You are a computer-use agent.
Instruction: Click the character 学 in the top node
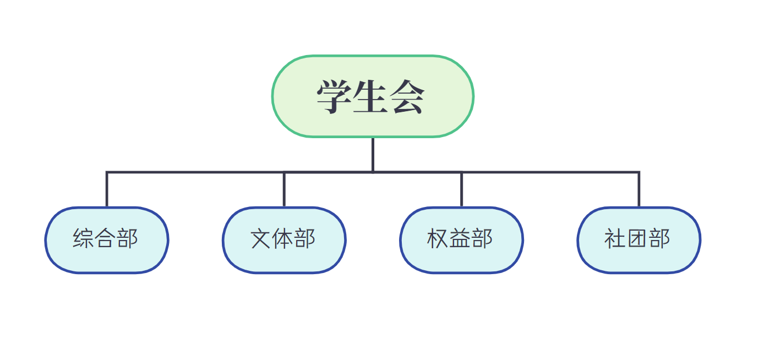click(x=335, y=97)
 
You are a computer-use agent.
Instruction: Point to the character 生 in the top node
click(x=371, y=97)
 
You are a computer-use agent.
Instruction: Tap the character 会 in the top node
click(x=407, y=97)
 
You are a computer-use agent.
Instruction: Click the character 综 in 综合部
click(x=83, y=239)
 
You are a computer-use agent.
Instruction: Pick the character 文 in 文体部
click(x=261, y=239)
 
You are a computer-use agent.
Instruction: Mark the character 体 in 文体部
click(x=283, y=239)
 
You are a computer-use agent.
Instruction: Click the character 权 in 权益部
click(x=438, y=239)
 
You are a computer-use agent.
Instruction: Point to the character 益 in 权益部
click(x=460, y=239)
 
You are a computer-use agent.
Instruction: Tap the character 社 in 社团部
click(x=615, y=239)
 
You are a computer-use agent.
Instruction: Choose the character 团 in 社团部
click(x=637, y=239)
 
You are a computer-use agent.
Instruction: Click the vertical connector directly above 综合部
click(x=107, y=190)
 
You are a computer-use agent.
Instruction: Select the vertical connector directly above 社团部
click(x=639, y=190)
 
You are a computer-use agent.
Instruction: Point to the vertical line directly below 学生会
click(x=373, y=154)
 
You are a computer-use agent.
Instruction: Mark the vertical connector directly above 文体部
click(x=284, y=190)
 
